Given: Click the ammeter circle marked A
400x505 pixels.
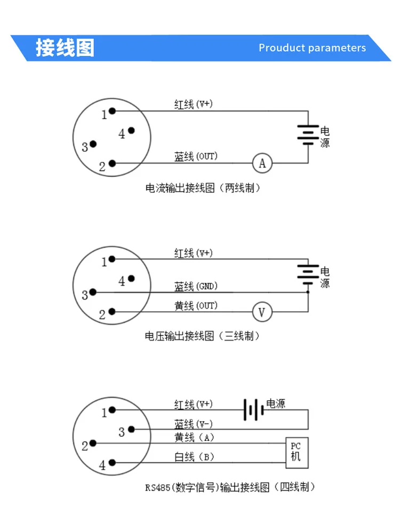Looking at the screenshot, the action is pos(262,163).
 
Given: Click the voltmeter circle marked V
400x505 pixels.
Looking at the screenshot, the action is pos(262,312).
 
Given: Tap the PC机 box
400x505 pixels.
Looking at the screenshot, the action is pos(297,453).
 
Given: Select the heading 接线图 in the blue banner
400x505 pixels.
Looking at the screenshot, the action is pos(65,48).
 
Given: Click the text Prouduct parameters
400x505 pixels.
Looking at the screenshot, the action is pos(312,48).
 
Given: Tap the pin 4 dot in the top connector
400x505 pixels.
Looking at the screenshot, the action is pos(131,130).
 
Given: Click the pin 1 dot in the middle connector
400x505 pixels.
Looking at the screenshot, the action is pos(112,259).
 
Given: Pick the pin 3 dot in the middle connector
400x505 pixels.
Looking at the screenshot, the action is pos(93,292).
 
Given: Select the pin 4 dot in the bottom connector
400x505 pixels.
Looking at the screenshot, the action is pos(112,462).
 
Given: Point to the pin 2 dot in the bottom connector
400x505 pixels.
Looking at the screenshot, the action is pos(93,443).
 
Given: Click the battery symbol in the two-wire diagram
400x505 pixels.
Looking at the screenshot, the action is pos(308,135).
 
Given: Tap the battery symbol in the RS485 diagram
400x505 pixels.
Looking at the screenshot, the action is pos(253,409).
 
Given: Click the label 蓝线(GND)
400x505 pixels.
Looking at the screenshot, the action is pos(196,286).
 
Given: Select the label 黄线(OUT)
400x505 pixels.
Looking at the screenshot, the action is pos(196,305).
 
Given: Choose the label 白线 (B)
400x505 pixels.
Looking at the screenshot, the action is pos(194,457).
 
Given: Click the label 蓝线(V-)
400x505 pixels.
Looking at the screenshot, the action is pos(194,424).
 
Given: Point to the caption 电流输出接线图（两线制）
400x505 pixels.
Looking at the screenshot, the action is pos(203,188).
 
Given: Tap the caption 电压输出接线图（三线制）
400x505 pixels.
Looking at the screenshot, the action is pos(202,336).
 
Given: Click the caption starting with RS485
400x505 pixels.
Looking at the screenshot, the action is pos(230,487).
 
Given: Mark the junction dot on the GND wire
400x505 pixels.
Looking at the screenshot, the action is pos(308,292).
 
